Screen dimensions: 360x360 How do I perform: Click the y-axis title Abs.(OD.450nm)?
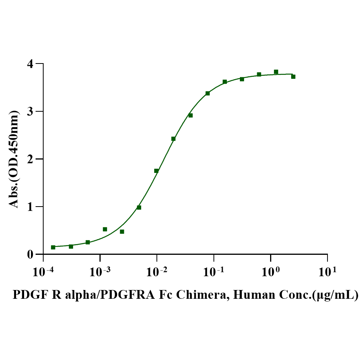[x=14, y=159]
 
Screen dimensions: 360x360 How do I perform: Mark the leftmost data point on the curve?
[x=53, y=247]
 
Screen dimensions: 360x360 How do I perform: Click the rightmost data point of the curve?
[x=293, y=77]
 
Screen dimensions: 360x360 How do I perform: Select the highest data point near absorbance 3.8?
[x=276, y=72]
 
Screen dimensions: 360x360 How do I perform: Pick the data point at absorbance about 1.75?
[x=156, y=171]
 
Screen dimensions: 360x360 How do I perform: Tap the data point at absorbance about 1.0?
[x=139, y=207]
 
